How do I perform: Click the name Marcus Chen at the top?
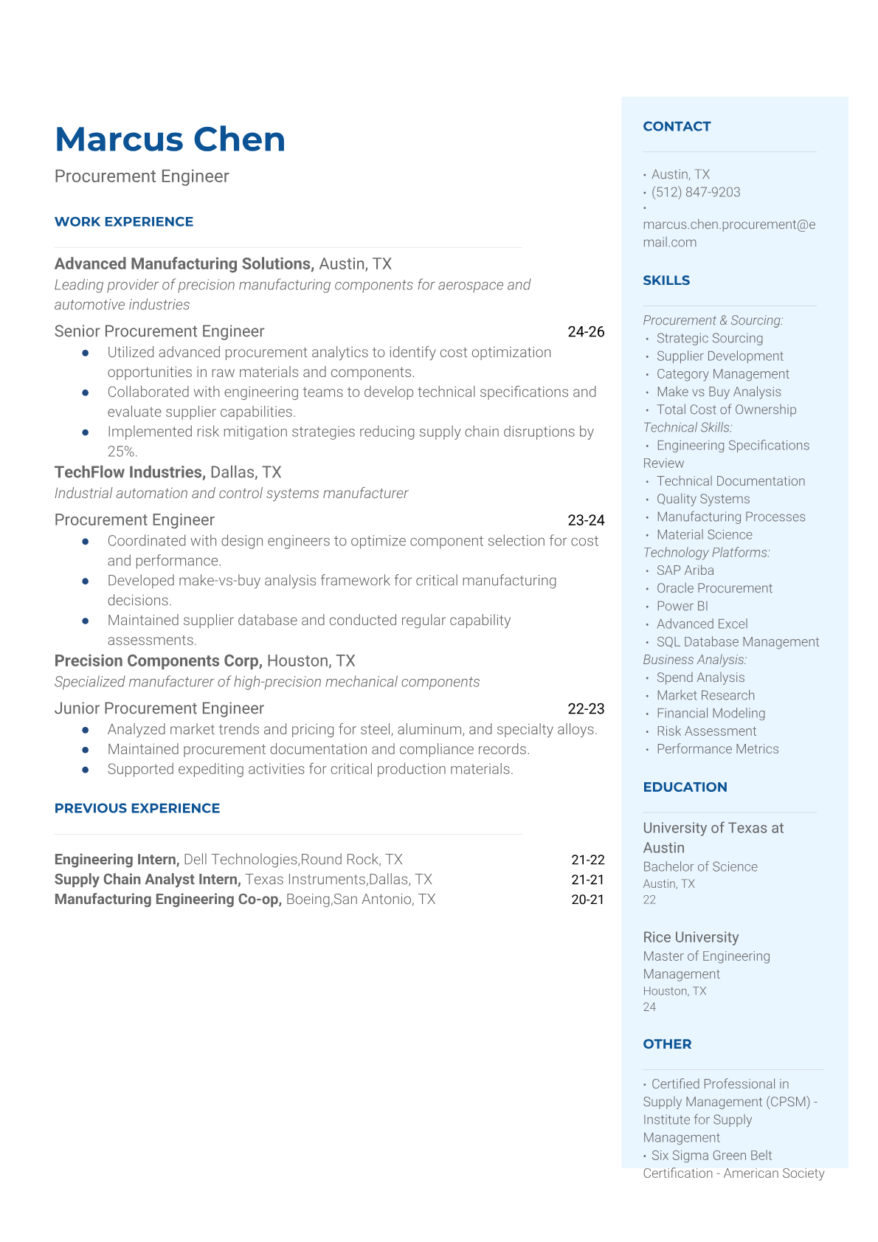pos(170,139)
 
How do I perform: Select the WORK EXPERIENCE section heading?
pos(124,221)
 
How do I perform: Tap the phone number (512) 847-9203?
pos(696,192)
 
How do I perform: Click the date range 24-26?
pos(586,332)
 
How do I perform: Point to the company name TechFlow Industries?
pos(130,472)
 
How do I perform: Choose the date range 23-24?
pos(586,520)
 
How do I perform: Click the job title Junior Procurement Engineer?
pos(159,708)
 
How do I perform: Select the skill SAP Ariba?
pos(685,570)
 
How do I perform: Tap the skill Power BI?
pos(682,606)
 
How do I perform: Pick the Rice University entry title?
pos(691,937)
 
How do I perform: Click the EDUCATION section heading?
pos(685,787)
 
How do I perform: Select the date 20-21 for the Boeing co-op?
pos(587,900)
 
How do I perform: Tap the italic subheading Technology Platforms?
pos(706,553)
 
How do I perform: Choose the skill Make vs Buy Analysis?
pos(718,392)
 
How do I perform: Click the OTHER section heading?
pos(667,1044)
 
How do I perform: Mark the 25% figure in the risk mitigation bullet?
pos(122,452)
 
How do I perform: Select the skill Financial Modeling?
pos(711,713)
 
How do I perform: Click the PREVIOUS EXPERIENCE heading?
pos(137,808)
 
